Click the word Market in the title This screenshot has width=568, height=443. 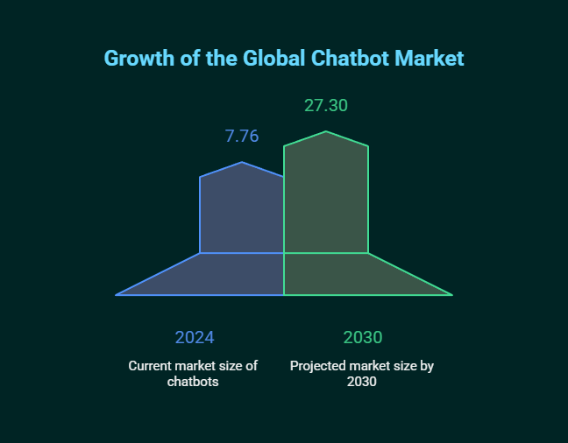(429, 59)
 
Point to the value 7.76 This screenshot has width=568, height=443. (242, 137)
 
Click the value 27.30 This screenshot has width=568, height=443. (326, 106)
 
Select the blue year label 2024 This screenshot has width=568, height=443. (195, 338)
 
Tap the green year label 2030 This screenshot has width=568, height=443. (363, 338)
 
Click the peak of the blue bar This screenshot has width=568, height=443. (243, 163)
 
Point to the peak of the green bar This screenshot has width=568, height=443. (327, 132)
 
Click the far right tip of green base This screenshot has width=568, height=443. (451, 294)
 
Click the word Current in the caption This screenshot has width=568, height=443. (152, 366)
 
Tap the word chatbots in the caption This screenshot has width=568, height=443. (193, 382)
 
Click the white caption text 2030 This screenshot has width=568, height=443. (362, 382)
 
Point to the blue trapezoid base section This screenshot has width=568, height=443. (219, 275)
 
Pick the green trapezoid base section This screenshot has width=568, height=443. (351, 275)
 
